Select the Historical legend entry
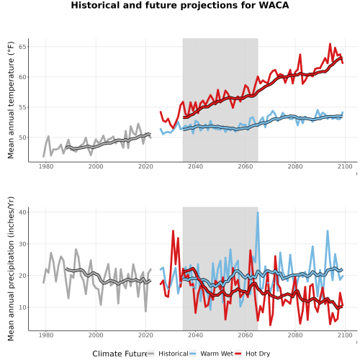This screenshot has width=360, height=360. pyautogui.click(x=168, y=354)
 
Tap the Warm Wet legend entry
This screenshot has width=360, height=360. pyautogui.click(x=211, y=354)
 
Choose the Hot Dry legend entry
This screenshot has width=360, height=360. pyautogui.click(x=253, y=354)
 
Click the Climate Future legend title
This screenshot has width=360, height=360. pyautogui.click(x=120, y=354)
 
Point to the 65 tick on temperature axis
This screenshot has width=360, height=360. pyautogui.click(x=23, y=47)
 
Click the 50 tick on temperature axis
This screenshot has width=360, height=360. pyautogui.click(x=23, y=138)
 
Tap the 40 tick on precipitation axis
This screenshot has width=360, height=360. pyautogui.click(x=23, y=212)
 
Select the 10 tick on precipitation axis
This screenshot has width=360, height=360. pyautogui.click(x=23, y=307)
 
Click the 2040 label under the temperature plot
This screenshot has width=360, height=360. pyautogui.click(x=195, y=166)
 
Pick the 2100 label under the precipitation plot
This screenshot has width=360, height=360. pyautogui.click(x=345, y=335)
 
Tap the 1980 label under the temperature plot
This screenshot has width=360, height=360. pyautogui.click(x=46, y=166)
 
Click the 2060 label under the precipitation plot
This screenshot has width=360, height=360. pyautogui.click(x=246, y=335)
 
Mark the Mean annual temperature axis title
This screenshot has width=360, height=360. pyautogui.click(x=11, y=100)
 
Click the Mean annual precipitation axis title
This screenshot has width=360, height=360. pyautogui.click(x=11, y=269)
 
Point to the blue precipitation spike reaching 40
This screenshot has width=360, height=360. pyautogui.click(x=258, y=212)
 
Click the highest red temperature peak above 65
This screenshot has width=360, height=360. pyautogui.click(x=330, y=44)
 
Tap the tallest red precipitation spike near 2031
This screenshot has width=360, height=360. pyautogui.click(x=173, y=231)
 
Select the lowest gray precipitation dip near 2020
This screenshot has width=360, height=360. pyautogui.click(x=145, y=311)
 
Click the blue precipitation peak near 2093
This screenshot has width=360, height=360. pyautogui.click(x=328, y=231)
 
